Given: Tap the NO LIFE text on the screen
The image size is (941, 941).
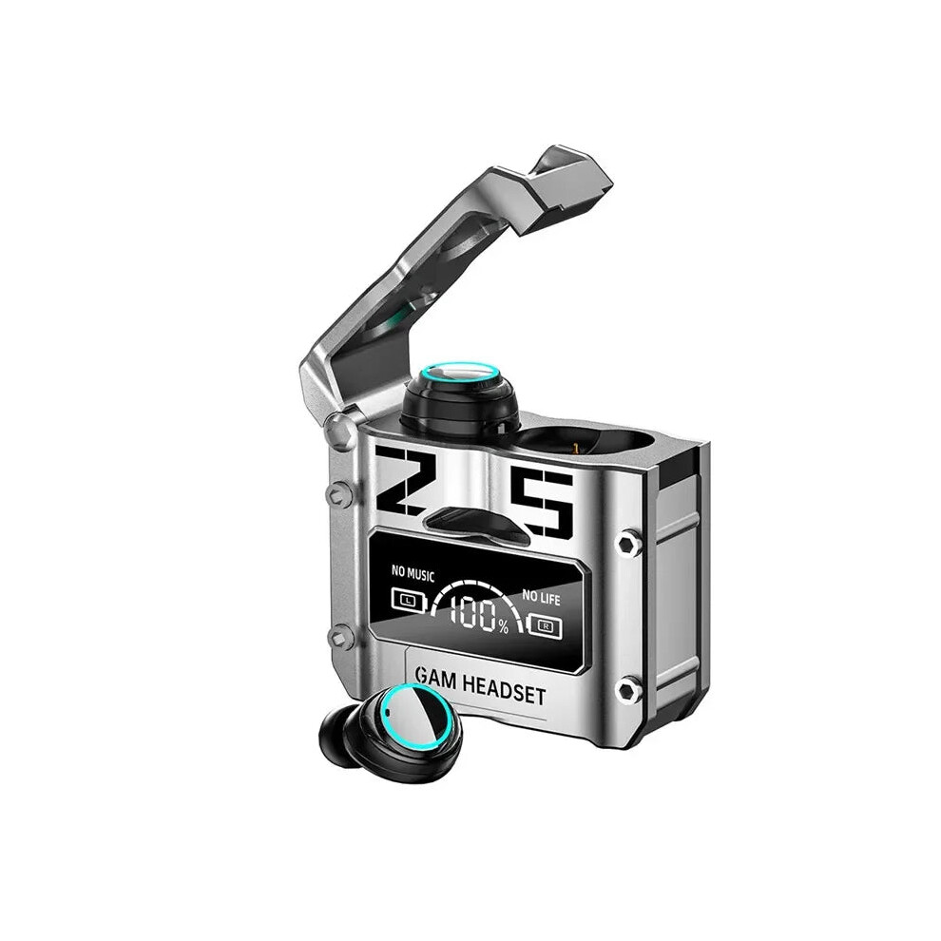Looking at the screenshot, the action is [541, 597].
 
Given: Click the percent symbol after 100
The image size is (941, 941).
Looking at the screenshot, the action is [503, 627].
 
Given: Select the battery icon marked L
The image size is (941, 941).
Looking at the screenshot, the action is [409, 600].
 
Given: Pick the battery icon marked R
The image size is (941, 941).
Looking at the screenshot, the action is [545, 626].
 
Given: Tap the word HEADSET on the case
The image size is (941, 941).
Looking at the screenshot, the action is [504, 691].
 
